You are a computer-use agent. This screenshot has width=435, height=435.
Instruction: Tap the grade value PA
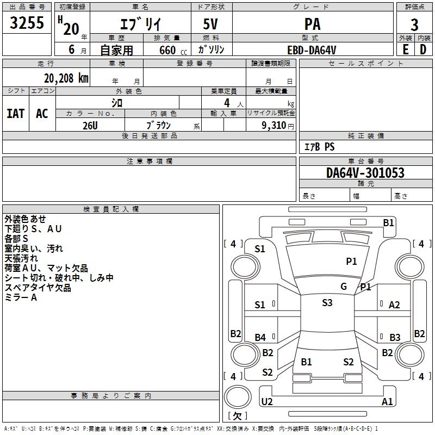pyautogui.click(x=312, y=24)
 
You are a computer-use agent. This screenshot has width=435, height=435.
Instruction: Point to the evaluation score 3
pyautogui.click(x=414, y=24)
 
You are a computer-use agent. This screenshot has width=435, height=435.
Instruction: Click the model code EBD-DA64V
pyautogui.click(x=312, y=50)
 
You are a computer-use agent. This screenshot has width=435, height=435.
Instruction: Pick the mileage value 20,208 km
pyautogui.click(x=61, y=78)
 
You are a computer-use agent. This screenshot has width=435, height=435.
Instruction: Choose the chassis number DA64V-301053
pyautogui.click(x=365, y=172)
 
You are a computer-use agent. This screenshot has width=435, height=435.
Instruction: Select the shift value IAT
pyautogui.click(x=16, y=114)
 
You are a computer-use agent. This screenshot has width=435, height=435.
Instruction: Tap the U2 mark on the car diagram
pyautogui.click(x=267, y=401)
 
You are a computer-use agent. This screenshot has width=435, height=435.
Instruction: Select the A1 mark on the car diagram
pyautogui.click(x=387, y=401)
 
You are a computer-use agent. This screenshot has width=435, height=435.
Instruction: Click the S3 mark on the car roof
pyautogui.click(x=327, y=303)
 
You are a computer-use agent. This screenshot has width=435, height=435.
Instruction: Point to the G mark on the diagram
pyautogui.click(x=343, y=287)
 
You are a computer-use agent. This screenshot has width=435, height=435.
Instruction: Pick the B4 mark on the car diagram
pyautogui.click(x=260, y=338)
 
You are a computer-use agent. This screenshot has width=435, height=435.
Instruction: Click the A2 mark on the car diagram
pyautogui.click(x=395, y=305)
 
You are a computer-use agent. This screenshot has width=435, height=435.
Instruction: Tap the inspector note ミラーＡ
pyautogui.click(x=21, y=297)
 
